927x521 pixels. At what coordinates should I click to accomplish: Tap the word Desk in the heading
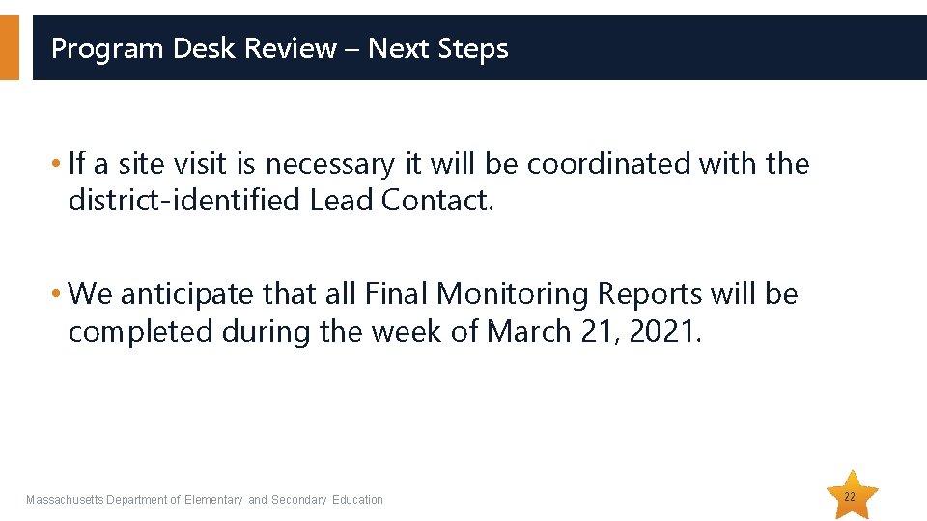click(206, 48)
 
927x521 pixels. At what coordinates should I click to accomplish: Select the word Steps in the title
click(474, 48)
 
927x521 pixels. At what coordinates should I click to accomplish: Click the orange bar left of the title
click(9, 47)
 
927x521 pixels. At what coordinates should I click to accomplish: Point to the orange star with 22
click(850, 496)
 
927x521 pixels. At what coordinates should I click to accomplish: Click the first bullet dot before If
click(60, 164)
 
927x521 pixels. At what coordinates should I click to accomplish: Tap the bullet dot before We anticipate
click(60, 293)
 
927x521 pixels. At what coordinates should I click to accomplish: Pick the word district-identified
click(184, 200)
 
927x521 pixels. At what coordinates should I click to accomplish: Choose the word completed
click(141, 331)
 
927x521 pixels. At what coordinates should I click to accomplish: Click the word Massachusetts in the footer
click(65, 500)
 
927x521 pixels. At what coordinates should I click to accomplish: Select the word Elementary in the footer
click(213, 500)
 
